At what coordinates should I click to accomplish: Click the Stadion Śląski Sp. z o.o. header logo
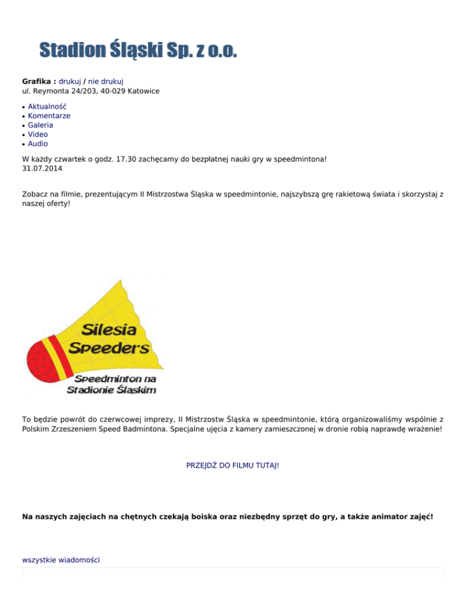pyautogui.click(x=138, y=50)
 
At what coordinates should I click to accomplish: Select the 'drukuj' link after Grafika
pyautogui.click(x=70, y=81)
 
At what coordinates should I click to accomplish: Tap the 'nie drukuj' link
pyautogui.click(x=106, y=81)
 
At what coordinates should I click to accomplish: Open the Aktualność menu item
pyautogui.click(x=47, y=106)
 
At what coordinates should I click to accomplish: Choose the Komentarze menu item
pyautogui.click(x=49, y=115)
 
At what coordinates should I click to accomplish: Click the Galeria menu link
pyautogui.click(x=41, y=125)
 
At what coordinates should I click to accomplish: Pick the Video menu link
pyautogui.click(x=38, y=134)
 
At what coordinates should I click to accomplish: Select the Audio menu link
pyautogui.click(x=38, y=144)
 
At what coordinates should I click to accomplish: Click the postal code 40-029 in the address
pyautogui.click(x=112, y=91)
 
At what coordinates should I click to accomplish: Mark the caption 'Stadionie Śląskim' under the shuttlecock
pyautogui.click(x=110, y=389)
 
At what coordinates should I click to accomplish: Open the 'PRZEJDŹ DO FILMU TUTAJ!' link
pyautogui.click(x=232, y=465)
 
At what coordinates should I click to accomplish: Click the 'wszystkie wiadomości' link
pyautogui.click(x=61, y=560)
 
